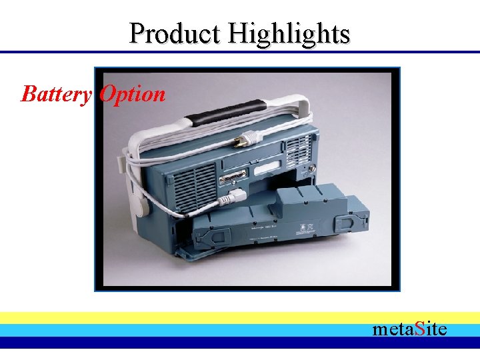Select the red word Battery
point(56,94)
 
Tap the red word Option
point(132,94)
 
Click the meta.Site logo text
point(409,329)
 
